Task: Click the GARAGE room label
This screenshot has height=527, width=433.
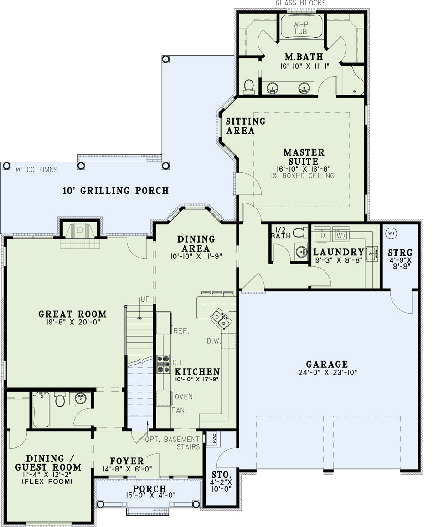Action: pos(327,364)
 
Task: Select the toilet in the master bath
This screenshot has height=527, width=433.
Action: pos(249,86)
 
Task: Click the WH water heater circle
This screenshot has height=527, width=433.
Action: pos(391,233)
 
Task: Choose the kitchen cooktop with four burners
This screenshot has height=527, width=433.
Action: pos(163,365)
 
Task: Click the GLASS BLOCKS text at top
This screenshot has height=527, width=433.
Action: pos(301,3)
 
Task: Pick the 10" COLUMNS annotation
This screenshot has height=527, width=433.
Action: pos(36,170)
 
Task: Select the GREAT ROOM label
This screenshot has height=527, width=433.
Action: pos(72,314)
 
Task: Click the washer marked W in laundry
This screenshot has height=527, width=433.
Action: pos(340,234)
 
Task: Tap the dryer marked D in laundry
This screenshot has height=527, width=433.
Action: pos(323,234)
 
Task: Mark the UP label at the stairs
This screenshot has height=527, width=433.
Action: pos(145,299)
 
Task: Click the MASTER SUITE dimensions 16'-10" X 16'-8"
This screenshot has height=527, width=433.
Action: pos(304,169)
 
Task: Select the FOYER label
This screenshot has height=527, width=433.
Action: pos(127,461)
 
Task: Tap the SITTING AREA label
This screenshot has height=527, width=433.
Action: pos(246,126)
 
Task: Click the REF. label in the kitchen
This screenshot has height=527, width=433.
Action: pos(181,331)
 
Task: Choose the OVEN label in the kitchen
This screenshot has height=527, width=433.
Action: pos(184,396)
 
